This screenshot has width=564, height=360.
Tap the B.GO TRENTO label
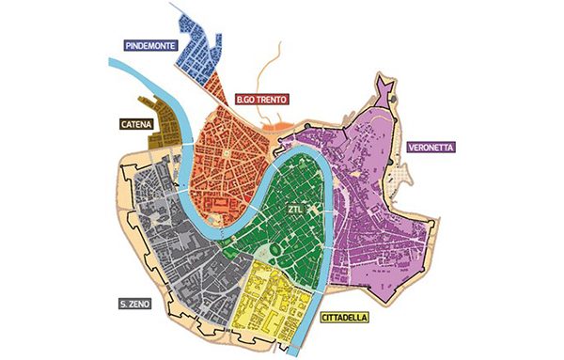point(261,98)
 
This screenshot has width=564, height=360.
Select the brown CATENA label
point(137,123)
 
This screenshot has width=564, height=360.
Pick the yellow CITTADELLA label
point(344,318)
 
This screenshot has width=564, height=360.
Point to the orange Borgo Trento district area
point(226,150)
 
